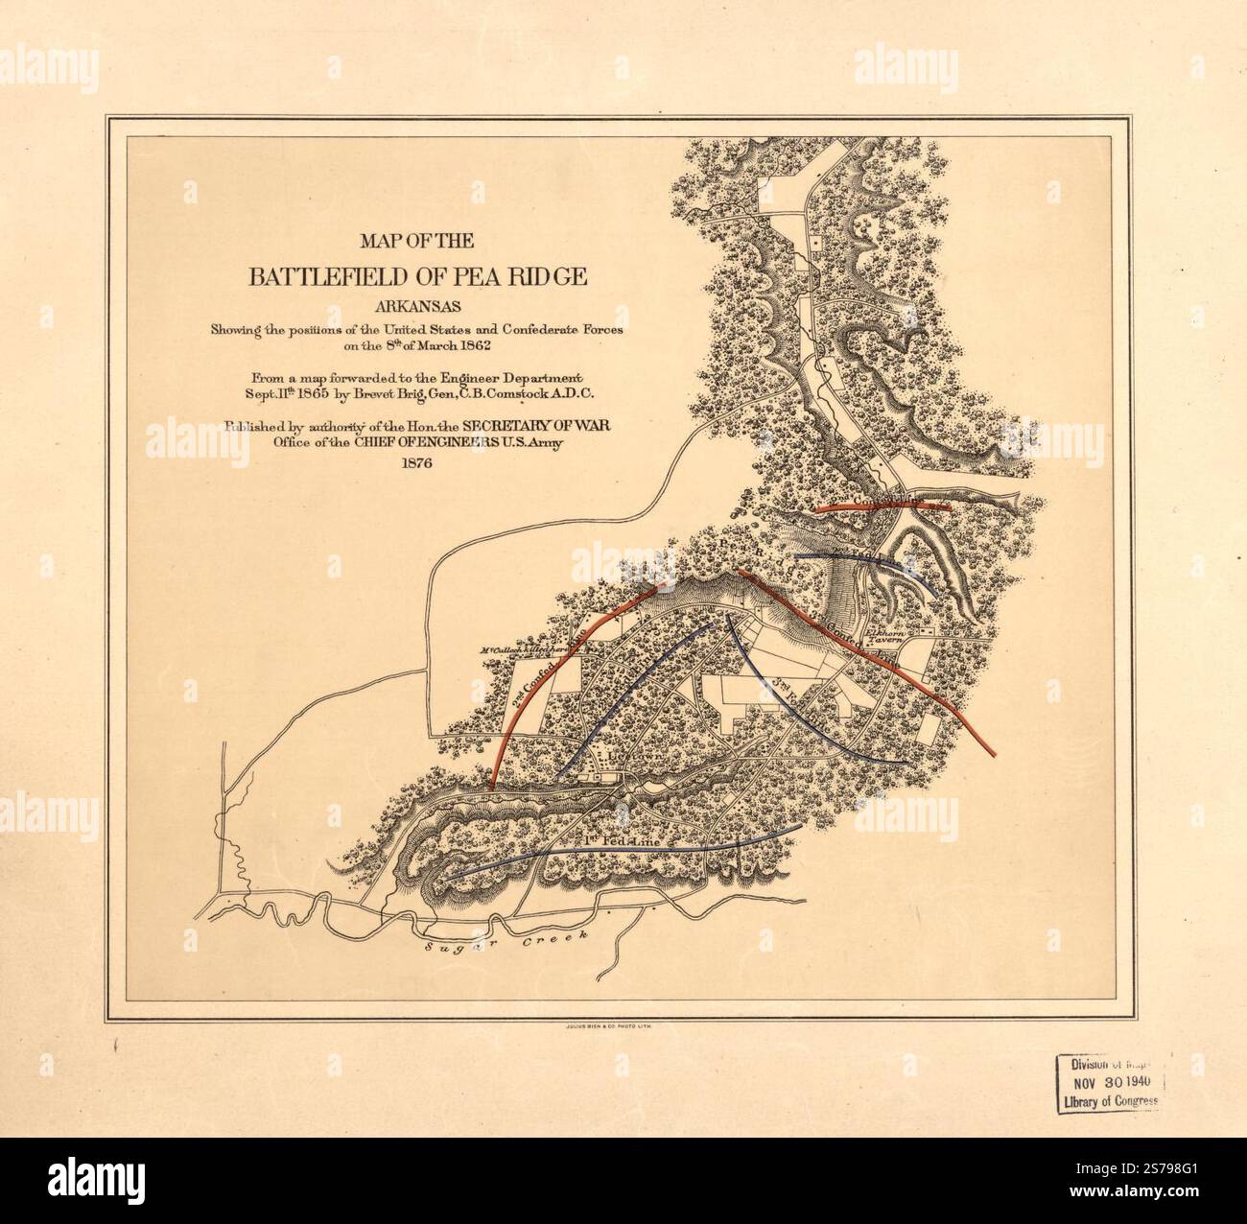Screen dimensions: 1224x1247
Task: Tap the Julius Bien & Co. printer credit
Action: click(x=596, y=1026)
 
